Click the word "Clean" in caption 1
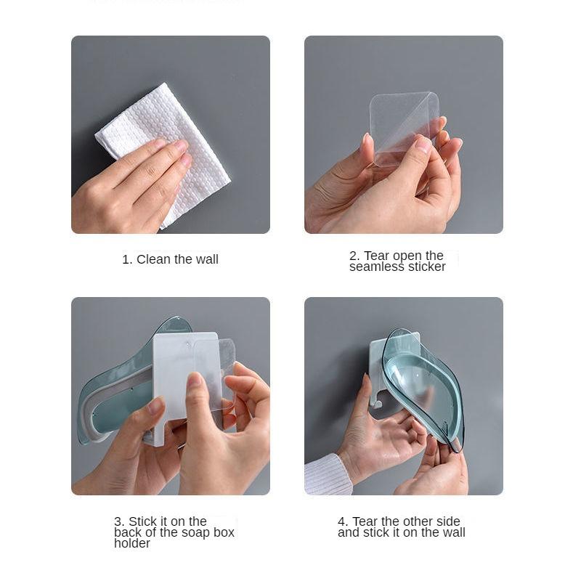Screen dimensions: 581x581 pos(153,259)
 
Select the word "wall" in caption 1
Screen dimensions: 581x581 pos(207,259)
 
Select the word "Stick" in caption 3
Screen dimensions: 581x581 pos(142,521)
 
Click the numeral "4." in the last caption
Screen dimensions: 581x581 pos(343,521)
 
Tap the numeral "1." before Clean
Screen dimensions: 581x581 pos(127,259)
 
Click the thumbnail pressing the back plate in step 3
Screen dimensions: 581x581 pos(194,382)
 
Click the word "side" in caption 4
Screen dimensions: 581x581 pos(448,521)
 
